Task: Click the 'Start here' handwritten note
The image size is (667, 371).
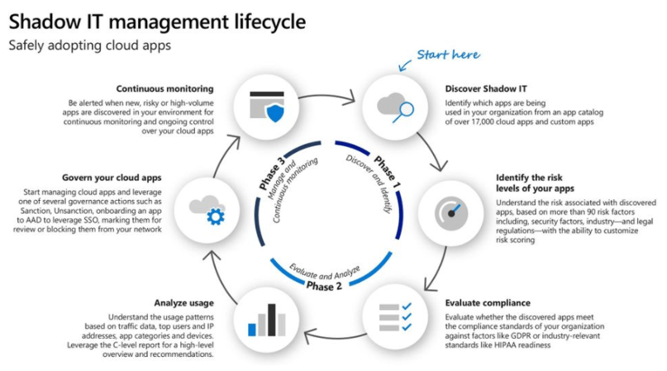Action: coord(448,55)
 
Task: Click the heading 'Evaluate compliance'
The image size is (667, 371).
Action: coord(487,303)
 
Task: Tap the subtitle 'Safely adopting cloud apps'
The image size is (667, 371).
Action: coord(89,45)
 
